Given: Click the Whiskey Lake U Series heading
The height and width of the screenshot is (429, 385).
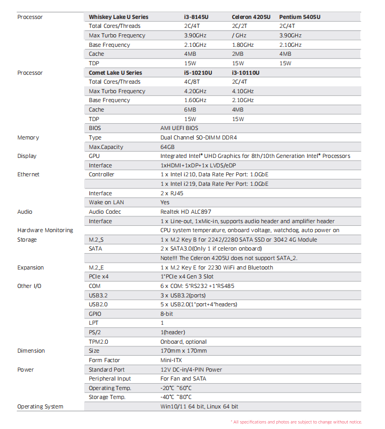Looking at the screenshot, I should (118, 17).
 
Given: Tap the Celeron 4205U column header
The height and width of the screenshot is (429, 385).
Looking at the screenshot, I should (251, 17).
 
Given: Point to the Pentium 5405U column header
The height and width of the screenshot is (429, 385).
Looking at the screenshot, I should (300, 17).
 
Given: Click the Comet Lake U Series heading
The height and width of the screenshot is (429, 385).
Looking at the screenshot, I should (115, 73).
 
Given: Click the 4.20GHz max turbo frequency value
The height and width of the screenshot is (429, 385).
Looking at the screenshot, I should (195, 91).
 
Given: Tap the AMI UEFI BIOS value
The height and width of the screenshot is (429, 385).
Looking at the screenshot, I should (179, 128).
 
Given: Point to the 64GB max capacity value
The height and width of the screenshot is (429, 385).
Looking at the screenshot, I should (168, 147).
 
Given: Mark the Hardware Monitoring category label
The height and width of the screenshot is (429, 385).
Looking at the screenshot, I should (45, 230).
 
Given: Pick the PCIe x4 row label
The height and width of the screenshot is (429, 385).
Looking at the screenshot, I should (99, 276).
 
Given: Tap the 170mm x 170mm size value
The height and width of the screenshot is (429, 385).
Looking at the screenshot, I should (184, 351).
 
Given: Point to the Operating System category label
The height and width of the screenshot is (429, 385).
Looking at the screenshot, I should (40, 406).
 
